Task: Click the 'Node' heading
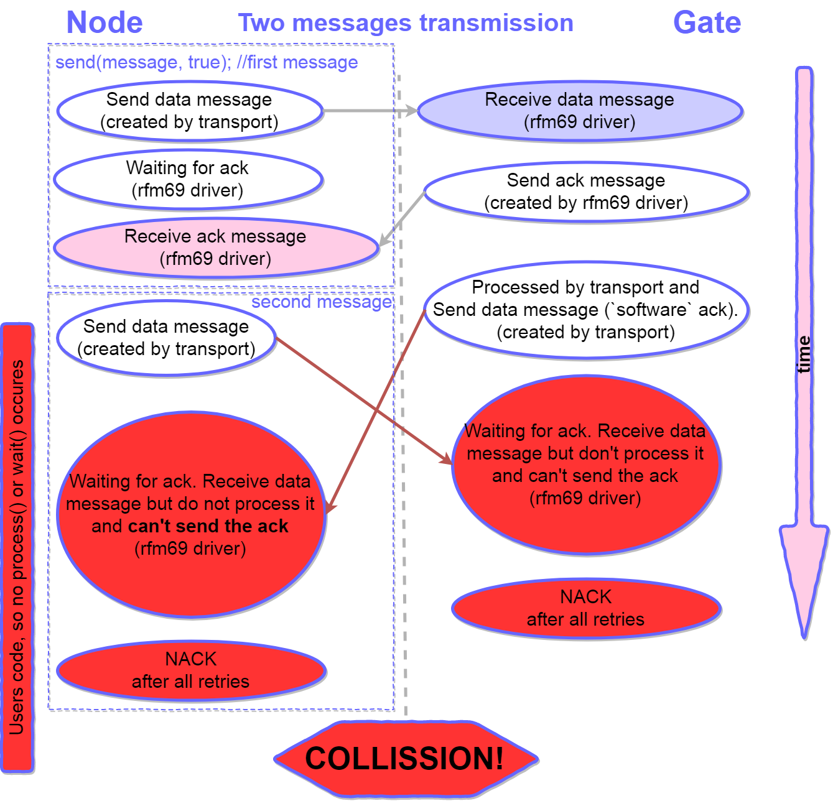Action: tap(105, 23)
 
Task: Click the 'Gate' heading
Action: tap(707, 23)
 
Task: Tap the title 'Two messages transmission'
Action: tap(406, 23)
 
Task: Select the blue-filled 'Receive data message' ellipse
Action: tap(580, 111)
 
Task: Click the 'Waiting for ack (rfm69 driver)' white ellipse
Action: tap(188, 179)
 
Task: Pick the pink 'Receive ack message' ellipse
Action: tap(215, 248)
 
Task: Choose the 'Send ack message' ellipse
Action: tap(586, 192)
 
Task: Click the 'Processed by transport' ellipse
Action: tap(586, 310)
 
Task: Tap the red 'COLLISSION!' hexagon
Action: tap(405, 759)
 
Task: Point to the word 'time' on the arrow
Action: tap(804, 354)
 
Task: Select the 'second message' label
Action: tap(322, 302)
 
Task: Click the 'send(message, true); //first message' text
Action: tap(207, 62)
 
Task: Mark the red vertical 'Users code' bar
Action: tap(17, 547)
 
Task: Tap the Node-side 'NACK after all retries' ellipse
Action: tap(191, 670)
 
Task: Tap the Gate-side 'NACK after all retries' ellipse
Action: tap(586, 608)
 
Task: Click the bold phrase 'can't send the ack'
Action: tap(208, 526)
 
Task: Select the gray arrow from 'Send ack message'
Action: tap(402, 218)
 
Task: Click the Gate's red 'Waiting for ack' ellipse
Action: tap(586, 465)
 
